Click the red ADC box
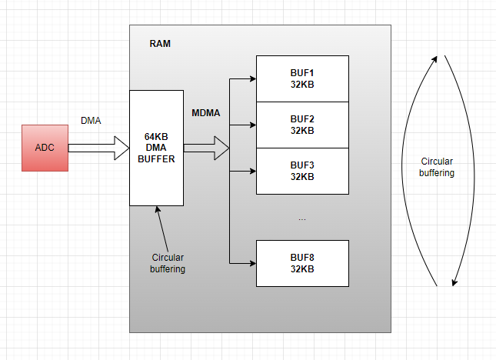click(45, 147)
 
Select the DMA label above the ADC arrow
click(91, 121)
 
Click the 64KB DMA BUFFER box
click(156, 148)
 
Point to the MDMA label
click(205, 113)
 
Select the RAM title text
click(160, 44)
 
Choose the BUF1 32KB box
click(302, 78)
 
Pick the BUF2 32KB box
click(302, 125)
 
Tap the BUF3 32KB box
click(302, 171)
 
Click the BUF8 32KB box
click(302, 263)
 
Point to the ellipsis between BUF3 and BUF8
click(302, 219)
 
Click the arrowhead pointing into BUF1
click(251, 78)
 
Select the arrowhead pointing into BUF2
click(251, 125)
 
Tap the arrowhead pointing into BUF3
click(251, 171)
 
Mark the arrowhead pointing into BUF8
click(251, 263)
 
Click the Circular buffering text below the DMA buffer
click(168, 263)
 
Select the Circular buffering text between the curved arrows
click(436, 168)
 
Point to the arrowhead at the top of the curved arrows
click(437, 59)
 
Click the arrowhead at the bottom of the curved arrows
click(455, 282)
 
